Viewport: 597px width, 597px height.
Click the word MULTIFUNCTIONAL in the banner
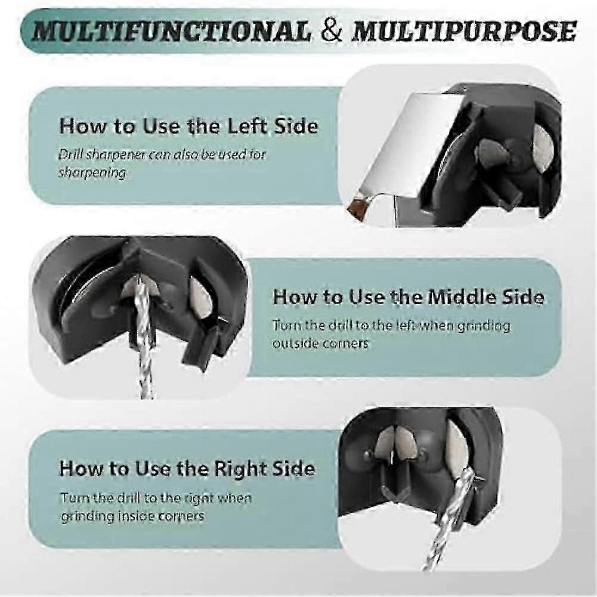tap(171, 31)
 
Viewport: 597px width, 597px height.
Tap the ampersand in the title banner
tap(331, 31)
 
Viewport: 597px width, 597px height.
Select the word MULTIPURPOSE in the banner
tap(464, 31)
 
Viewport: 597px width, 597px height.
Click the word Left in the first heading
tap(249, 126)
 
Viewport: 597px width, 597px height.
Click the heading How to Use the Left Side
tap(188, 126)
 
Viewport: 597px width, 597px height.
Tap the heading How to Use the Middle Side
tap(408, 297)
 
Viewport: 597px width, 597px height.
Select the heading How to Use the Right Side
tap(187, 469)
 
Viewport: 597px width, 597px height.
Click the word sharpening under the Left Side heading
tap(92, 172)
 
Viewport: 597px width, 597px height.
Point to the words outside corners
tap(320, 344)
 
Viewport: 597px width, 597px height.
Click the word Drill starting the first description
tap(70, 154)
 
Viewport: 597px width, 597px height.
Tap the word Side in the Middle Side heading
tap(523, 297)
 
